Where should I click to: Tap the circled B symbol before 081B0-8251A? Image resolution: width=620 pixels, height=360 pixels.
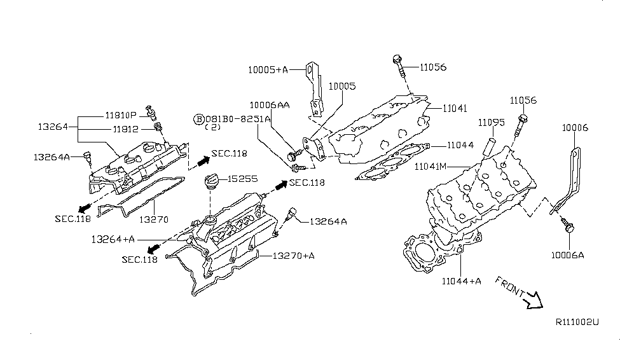pyautogui.click(x=198, y=119)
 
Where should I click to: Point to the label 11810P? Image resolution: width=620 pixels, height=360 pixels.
pyautogui.click(x=121, y=115)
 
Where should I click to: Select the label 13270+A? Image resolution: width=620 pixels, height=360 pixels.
pyautogui.click(x=294, y=256)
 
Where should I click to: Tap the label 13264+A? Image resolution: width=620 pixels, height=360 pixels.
pyautogui.click(x=113, y=239)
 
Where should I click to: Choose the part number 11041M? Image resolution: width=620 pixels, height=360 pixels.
pyautogui.click(x=433, y=167)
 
